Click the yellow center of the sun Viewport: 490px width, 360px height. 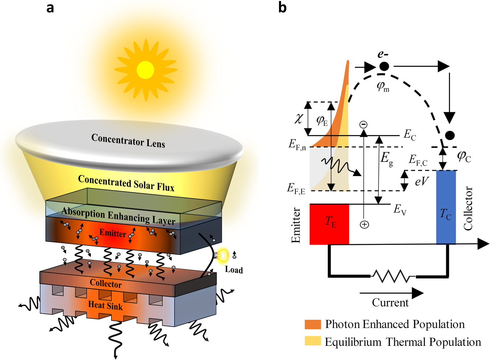tap(145, 70)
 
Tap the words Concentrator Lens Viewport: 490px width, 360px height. tap(128, 140)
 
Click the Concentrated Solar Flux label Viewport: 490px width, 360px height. tap(126, 183)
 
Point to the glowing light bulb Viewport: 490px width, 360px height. tap(222, 255)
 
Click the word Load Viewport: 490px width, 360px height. tap(234, 270)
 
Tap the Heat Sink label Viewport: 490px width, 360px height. tap(105, 306)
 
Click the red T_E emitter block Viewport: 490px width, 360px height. tap(329, 224)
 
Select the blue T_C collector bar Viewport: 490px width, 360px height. tap(446, 207)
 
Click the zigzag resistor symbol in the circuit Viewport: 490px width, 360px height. tap(393, 277)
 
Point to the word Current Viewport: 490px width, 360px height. tap(390, 302)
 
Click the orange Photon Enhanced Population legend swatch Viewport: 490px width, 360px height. tap(313, 324)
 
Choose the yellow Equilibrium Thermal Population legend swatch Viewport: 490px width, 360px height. tap(313, 341)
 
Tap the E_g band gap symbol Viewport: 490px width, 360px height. tap(387, 159)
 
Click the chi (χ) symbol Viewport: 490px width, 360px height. tap(298, 118)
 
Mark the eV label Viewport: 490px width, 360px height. tap(421, 181)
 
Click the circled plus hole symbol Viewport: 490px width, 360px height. tap(364, 225)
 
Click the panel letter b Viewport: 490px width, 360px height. tap(282, 7)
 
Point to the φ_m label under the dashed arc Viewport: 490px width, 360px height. tap(383, 86)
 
